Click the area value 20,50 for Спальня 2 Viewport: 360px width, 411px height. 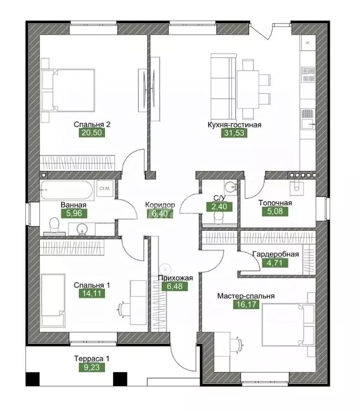[x=92, y=133]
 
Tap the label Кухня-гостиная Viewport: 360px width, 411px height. [x=234, y=125]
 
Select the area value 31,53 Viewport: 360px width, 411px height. [x=234, y=133]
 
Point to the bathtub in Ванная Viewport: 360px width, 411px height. [x=66, y=190]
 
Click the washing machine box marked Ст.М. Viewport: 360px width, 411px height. [x=105, y=188]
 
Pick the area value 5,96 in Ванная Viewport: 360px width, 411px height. [x=74, y=214]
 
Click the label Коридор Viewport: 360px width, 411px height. [x=160, y=205]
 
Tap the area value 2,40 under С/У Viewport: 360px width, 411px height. [x=219, y=207]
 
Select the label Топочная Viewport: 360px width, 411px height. [x=275, y=203]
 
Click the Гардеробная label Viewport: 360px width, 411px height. [x=275, y=254]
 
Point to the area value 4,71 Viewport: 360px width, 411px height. [x=275, y=263]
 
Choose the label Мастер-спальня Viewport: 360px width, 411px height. [x=246, y=296]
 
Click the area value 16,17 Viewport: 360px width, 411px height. [x=246, y=305]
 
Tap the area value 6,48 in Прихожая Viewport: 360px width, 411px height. [x=175, y=286]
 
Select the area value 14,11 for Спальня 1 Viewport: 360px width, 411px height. [x=92, y=293]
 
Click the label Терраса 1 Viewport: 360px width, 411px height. [x=92, y=359]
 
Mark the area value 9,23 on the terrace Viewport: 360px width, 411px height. [x=92, y=367]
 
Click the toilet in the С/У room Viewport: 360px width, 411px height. [x=219, y=218]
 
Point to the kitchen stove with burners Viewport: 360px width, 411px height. [x=308, y=75]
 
